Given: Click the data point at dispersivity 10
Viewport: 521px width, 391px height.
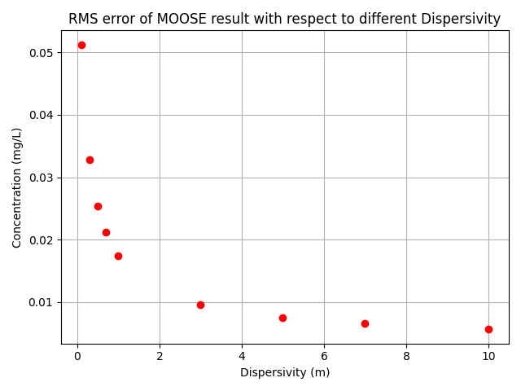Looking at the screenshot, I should (488, 329).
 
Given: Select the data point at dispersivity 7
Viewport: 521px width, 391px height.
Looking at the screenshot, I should (365, 323).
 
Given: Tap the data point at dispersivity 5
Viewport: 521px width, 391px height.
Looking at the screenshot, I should (282, 318).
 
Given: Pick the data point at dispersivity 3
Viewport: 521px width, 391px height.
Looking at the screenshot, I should (200, 305).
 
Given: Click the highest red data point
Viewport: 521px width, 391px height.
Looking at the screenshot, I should (81, 45).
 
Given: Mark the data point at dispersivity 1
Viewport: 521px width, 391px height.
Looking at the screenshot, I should (118, 256).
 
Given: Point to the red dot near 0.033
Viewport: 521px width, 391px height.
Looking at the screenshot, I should (90, 160).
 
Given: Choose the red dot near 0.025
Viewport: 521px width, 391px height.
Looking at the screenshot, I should (98, 206).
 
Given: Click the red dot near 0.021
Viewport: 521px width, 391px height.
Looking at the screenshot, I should (106, 232).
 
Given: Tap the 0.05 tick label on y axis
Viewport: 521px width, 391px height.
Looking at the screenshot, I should (42, 53).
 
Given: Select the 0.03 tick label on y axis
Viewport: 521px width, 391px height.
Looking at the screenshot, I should (42, 178).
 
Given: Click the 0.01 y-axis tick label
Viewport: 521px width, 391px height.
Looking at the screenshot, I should (42, 302).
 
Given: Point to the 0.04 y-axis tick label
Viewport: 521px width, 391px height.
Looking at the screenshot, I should (42, 115).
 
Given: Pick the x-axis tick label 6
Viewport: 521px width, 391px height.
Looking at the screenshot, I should (324, 355).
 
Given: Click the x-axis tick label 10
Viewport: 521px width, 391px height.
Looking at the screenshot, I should (488, 355).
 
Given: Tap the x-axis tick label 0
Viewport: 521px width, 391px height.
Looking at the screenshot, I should (77, 355).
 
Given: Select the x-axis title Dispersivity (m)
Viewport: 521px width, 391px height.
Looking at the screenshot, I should (285, 372).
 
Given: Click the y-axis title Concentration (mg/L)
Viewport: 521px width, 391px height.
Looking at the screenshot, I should (17, 187).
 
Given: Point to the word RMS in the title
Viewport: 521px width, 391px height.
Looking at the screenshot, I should (82, 19).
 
